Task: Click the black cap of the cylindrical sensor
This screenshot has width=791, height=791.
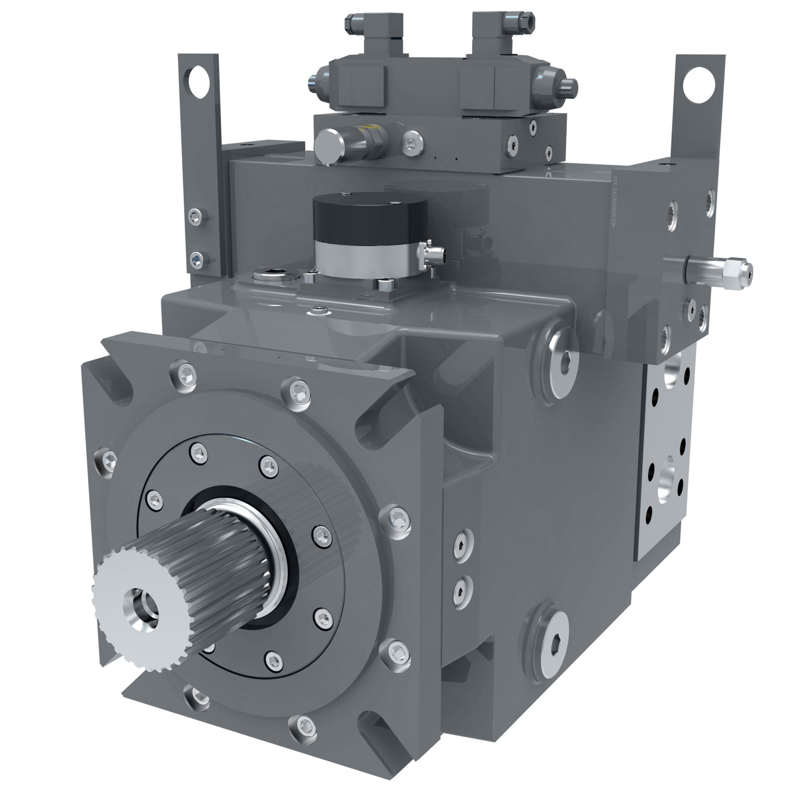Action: point(370,217)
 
